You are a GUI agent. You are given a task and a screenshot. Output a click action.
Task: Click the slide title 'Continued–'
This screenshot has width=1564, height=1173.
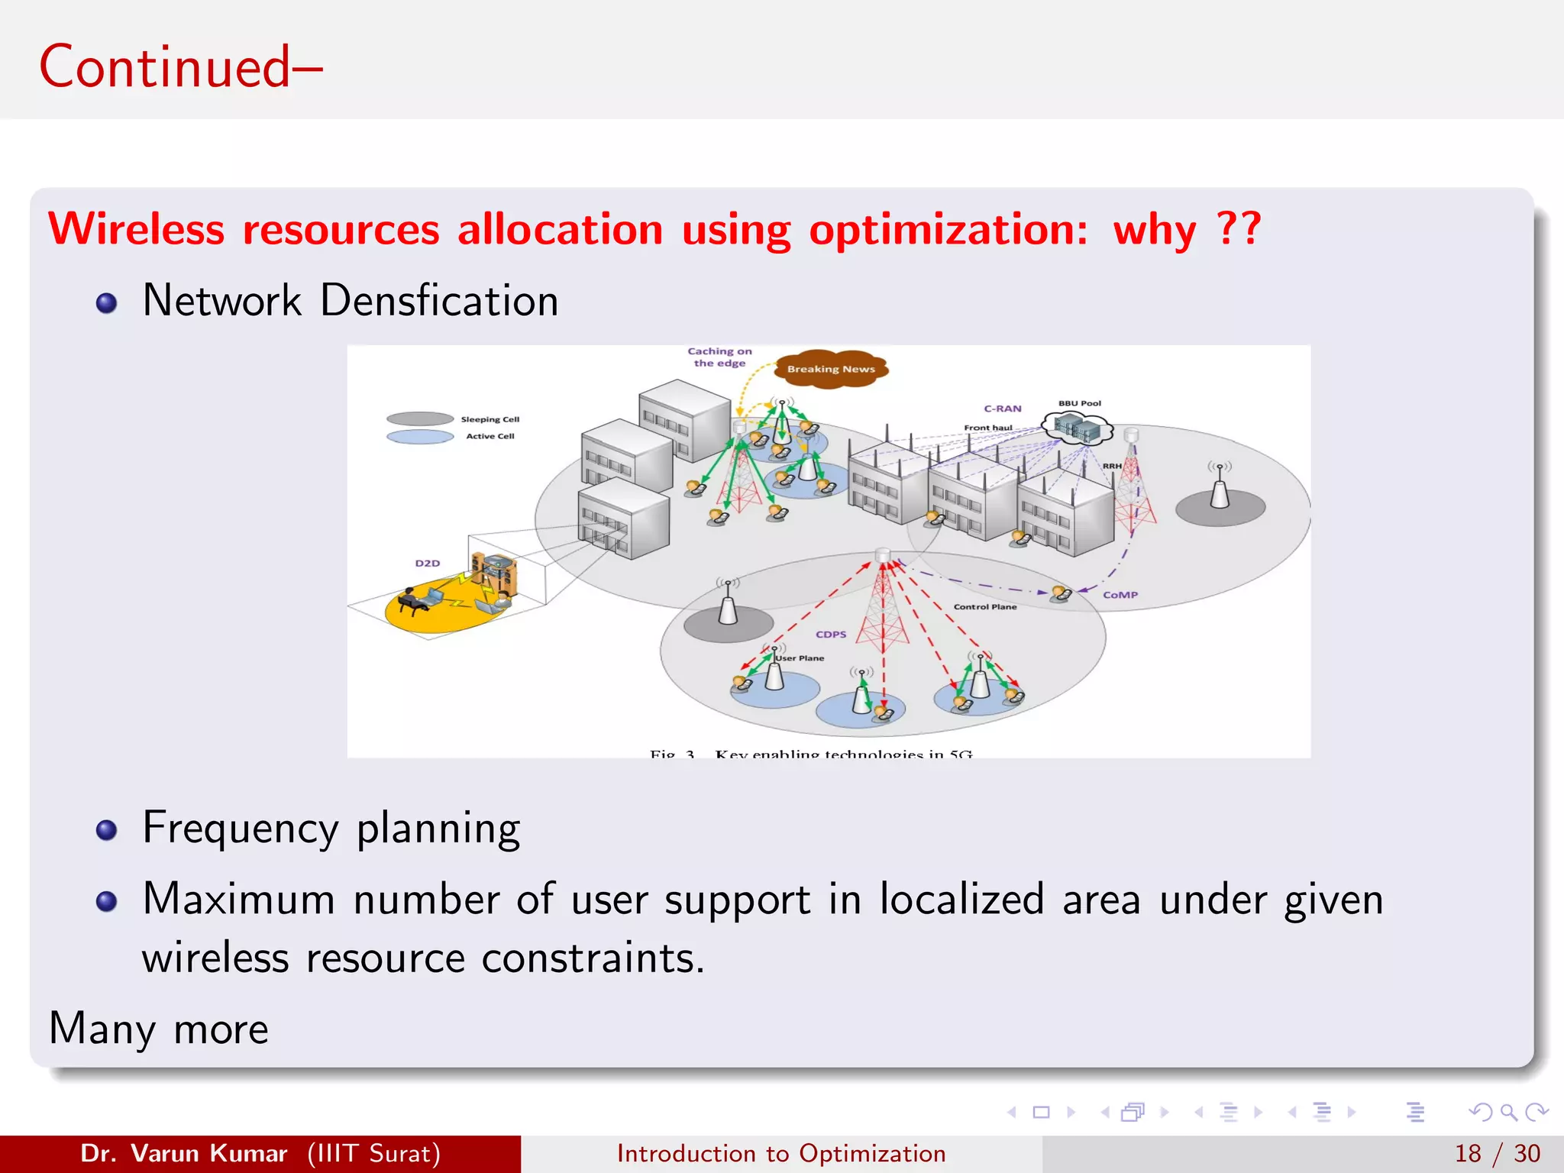180,67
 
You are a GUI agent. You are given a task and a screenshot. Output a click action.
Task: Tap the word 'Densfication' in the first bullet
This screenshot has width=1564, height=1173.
439,300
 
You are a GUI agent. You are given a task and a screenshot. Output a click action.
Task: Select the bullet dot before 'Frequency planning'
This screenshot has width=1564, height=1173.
106,830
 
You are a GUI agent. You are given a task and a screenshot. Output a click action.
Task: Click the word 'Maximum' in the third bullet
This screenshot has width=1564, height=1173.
238,899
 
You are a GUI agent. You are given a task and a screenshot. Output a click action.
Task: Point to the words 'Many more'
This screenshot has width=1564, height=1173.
159,1029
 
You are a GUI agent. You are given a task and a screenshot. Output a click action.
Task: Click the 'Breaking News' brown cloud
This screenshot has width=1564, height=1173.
831,369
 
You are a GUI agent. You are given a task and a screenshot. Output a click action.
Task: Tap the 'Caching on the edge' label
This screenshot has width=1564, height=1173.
719,357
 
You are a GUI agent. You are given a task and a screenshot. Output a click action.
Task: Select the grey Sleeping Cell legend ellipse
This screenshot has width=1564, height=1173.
420,418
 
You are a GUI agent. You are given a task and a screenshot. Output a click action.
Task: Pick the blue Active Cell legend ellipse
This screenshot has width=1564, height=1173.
420,437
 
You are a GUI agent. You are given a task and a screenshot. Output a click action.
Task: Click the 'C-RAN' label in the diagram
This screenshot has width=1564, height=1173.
1002,409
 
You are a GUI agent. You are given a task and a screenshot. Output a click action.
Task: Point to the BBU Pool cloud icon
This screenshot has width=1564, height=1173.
1080,428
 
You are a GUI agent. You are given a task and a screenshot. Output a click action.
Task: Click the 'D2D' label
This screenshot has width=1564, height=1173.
428,564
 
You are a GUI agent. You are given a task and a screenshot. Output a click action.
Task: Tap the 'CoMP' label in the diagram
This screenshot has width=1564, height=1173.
1120,595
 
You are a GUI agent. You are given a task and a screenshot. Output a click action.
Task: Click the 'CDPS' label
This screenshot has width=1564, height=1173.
831,635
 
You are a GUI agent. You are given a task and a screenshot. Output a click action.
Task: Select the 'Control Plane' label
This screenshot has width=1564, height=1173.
985,607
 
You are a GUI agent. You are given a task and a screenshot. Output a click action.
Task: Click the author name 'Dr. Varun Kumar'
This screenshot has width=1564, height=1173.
184,1153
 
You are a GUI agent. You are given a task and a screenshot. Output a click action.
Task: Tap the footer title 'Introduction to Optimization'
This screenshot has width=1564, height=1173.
781,1153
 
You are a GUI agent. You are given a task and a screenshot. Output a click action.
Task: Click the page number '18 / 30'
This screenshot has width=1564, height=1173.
1497,1153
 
